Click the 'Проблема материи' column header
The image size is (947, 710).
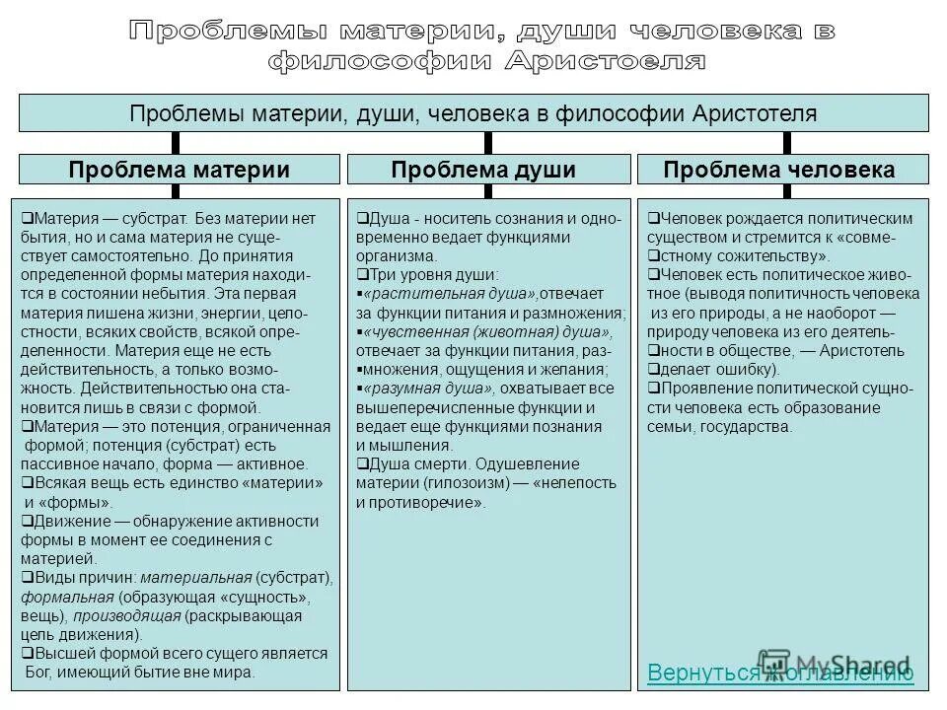179,170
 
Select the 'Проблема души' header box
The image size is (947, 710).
483,170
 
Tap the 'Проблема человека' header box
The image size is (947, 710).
779,170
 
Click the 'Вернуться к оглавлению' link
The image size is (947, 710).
780,673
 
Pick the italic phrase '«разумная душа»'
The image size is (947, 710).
429,389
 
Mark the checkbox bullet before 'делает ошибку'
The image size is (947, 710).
653,370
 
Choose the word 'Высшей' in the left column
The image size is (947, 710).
61,654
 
